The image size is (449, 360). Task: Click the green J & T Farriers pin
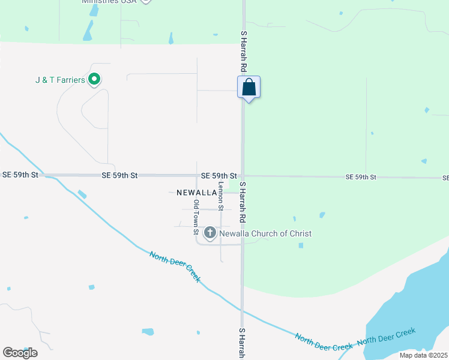94,79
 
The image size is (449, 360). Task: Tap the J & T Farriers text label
60,80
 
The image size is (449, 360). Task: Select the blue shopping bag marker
249,88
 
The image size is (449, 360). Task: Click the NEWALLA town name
196,193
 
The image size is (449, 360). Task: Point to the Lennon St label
221,196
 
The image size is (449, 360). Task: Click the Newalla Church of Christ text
265,233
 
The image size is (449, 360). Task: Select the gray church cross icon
210,233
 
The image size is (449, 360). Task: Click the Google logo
20,352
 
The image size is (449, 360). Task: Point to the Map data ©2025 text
423,355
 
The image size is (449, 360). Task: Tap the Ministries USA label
108,2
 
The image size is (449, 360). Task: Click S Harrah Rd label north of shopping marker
244,51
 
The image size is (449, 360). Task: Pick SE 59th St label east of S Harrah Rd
361,177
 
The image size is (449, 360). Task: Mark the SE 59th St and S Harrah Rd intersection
243,176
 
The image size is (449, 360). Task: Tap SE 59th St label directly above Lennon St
218,175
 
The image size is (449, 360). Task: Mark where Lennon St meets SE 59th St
221,176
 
